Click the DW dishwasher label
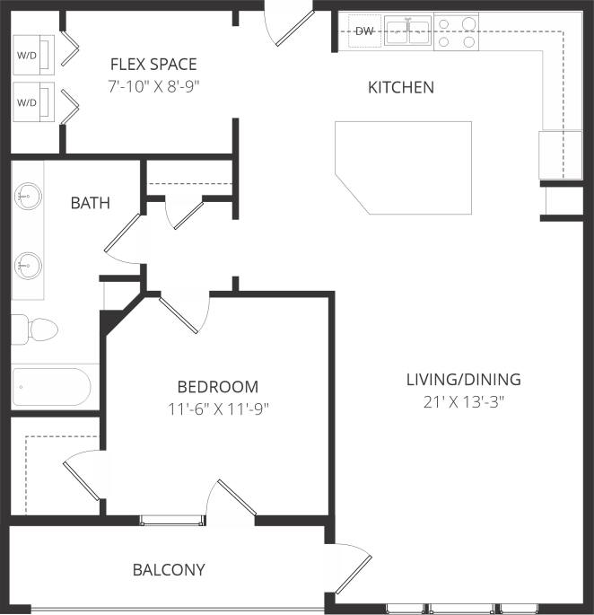(364, 31)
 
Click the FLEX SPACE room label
(153, 65)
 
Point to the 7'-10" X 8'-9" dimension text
(153, 87)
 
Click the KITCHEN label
(401, 88)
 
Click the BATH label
(91, 203)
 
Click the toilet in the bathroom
(36, 329)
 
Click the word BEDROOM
(217, 387)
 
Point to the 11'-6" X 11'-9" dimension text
(217, 409)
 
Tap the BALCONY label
(169, 569)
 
